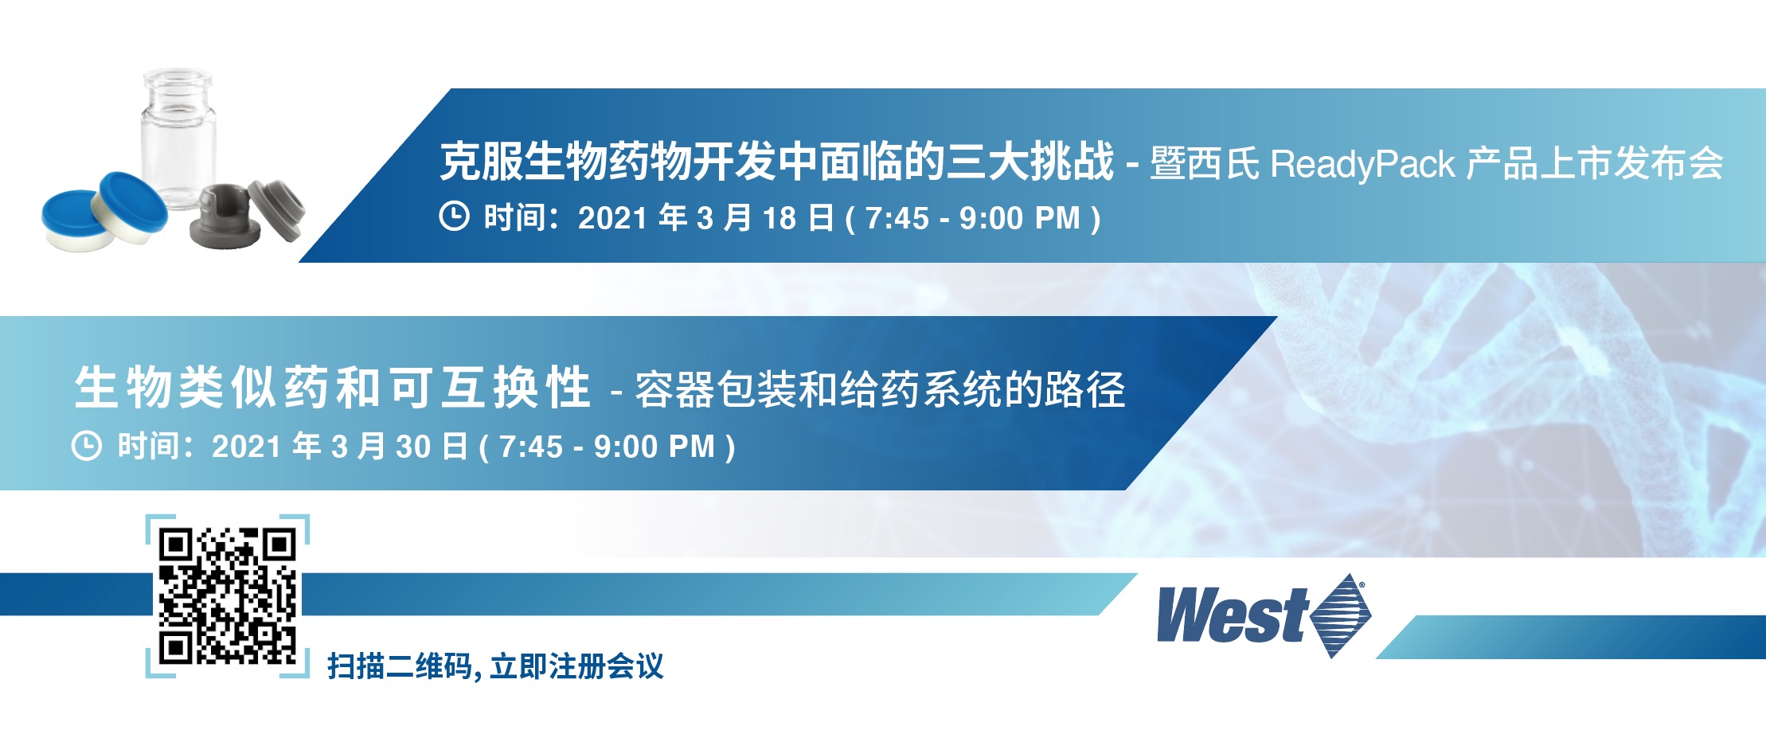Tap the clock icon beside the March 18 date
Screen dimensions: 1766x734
tap(454, 217)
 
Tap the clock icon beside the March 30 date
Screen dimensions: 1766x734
tap(87, 445)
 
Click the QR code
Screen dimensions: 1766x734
tap(228, 596)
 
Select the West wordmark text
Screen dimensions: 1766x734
tap(1232, 615)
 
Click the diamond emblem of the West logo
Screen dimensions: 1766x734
tap(1341, 615)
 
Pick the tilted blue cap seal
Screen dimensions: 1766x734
tap(132, 206)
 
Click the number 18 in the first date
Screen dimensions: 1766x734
tap(779, 218)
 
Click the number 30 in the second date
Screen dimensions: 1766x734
tap(413, 447)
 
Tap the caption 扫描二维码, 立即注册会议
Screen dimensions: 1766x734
tap(495, 666)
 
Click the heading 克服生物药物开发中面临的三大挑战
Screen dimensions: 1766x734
tap(777, 162)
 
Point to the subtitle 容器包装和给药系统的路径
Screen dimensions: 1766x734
tap(880, 390)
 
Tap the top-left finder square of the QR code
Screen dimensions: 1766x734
tap(177, 546)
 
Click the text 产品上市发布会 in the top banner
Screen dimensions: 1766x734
tap(1595, 164)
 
